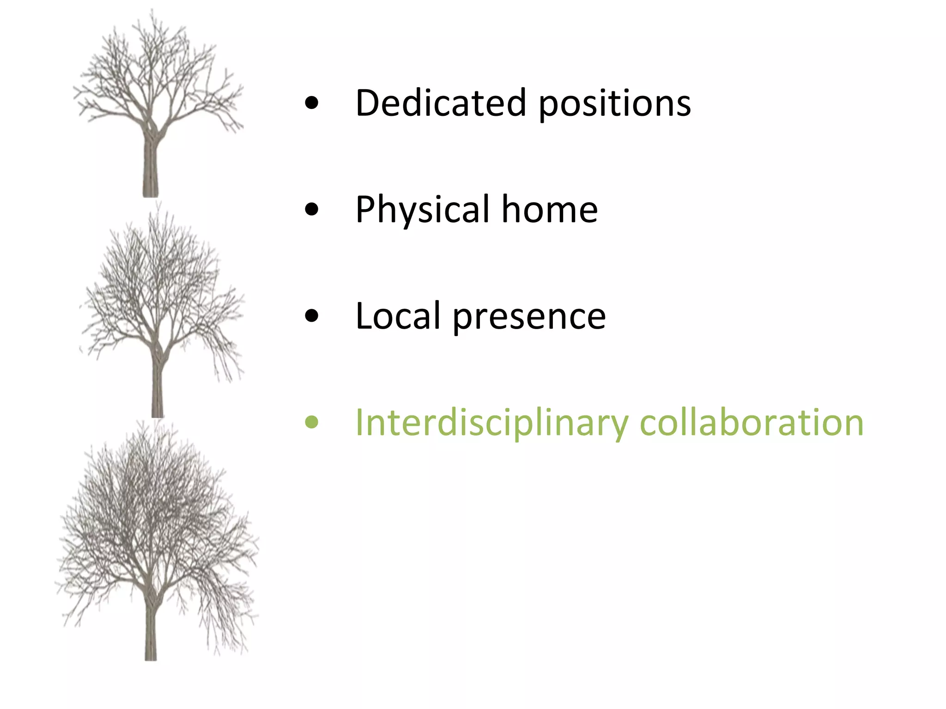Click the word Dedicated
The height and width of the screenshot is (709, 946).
coord(441,102)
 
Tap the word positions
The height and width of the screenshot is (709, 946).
coord(615,103)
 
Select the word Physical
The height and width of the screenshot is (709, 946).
coord(422,210)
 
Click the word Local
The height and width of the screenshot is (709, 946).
coord(398,316)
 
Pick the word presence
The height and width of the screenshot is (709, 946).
coord(529,317)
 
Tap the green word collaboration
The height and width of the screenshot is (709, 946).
coord(752,423)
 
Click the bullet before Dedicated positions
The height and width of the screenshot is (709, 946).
coord(312,103)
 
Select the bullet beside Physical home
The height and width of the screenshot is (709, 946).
coord(312,210)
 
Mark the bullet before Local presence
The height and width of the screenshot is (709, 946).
coord(312,316)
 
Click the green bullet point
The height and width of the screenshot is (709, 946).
coord(312,422)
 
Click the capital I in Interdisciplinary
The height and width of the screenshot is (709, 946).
coord(360,422)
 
